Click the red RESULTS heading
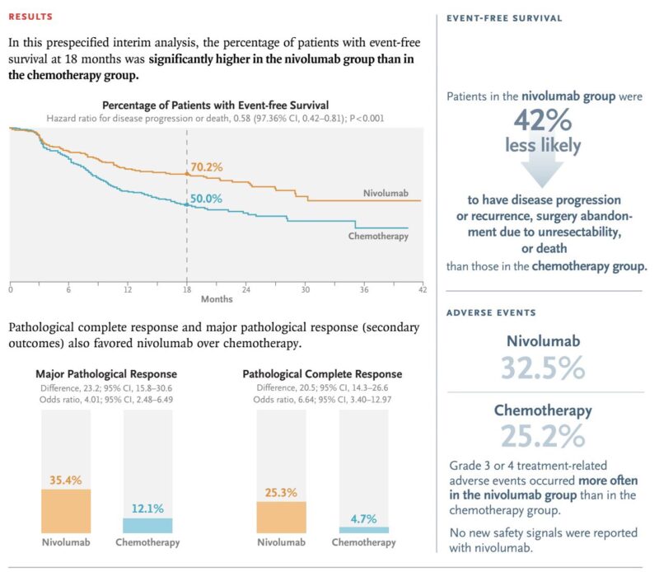click(30, 16)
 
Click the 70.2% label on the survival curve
click(207, 167)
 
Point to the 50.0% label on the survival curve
click(206, 199)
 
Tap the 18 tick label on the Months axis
click(187, 289)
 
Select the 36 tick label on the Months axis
click(364, 289)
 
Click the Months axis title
click(217, 299)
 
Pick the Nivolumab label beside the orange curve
click(386, 193)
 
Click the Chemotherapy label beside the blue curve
click(378, 236)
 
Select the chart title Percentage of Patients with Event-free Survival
click(216, 105)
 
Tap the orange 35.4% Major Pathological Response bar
click(66, 511)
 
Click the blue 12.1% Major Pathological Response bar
click(147, 526)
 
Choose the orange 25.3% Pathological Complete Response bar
click(281, 518)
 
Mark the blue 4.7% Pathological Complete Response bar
click(364, 530)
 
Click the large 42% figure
click(543, 120)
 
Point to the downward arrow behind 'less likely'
click(543, 160)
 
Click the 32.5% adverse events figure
click(543, 368)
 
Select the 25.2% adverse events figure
click(543, 436)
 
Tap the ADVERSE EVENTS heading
click(491, 312)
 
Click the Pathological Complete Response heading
click(322, 374)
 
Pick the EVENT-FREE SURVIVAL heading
click(504, 18)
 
